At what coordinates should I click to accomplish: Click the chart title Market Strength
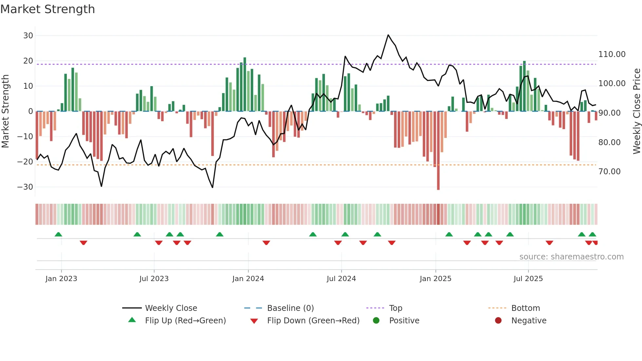[x=47, y=9]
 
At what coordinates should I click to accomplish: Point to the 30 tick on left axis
[x=28, y=35]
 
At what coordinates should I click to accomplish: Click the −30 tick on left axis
[x=25, y=187]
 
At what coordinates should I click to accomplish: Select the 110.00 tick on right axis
[x=612, y=54]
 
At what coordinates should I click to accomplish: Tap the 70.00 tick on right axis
[x=609, y=171]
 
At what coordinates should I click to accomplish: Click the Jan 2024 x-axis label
[x=248, y=278]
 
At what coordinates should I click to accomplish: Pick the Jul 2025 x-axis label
[x=528, y=278]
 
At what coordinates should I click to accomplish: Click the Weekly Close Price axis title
[x=636, y=111]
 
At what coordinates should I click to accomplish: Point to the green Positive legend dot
[x=376, y=320]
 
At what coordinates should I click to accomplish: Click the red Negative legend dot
[x=498, y=320]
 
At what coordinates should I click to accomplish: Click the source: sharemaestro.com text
[x=571, y=256]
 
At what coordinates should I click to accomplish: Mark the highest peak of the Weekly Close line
[x=388, y=35]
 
